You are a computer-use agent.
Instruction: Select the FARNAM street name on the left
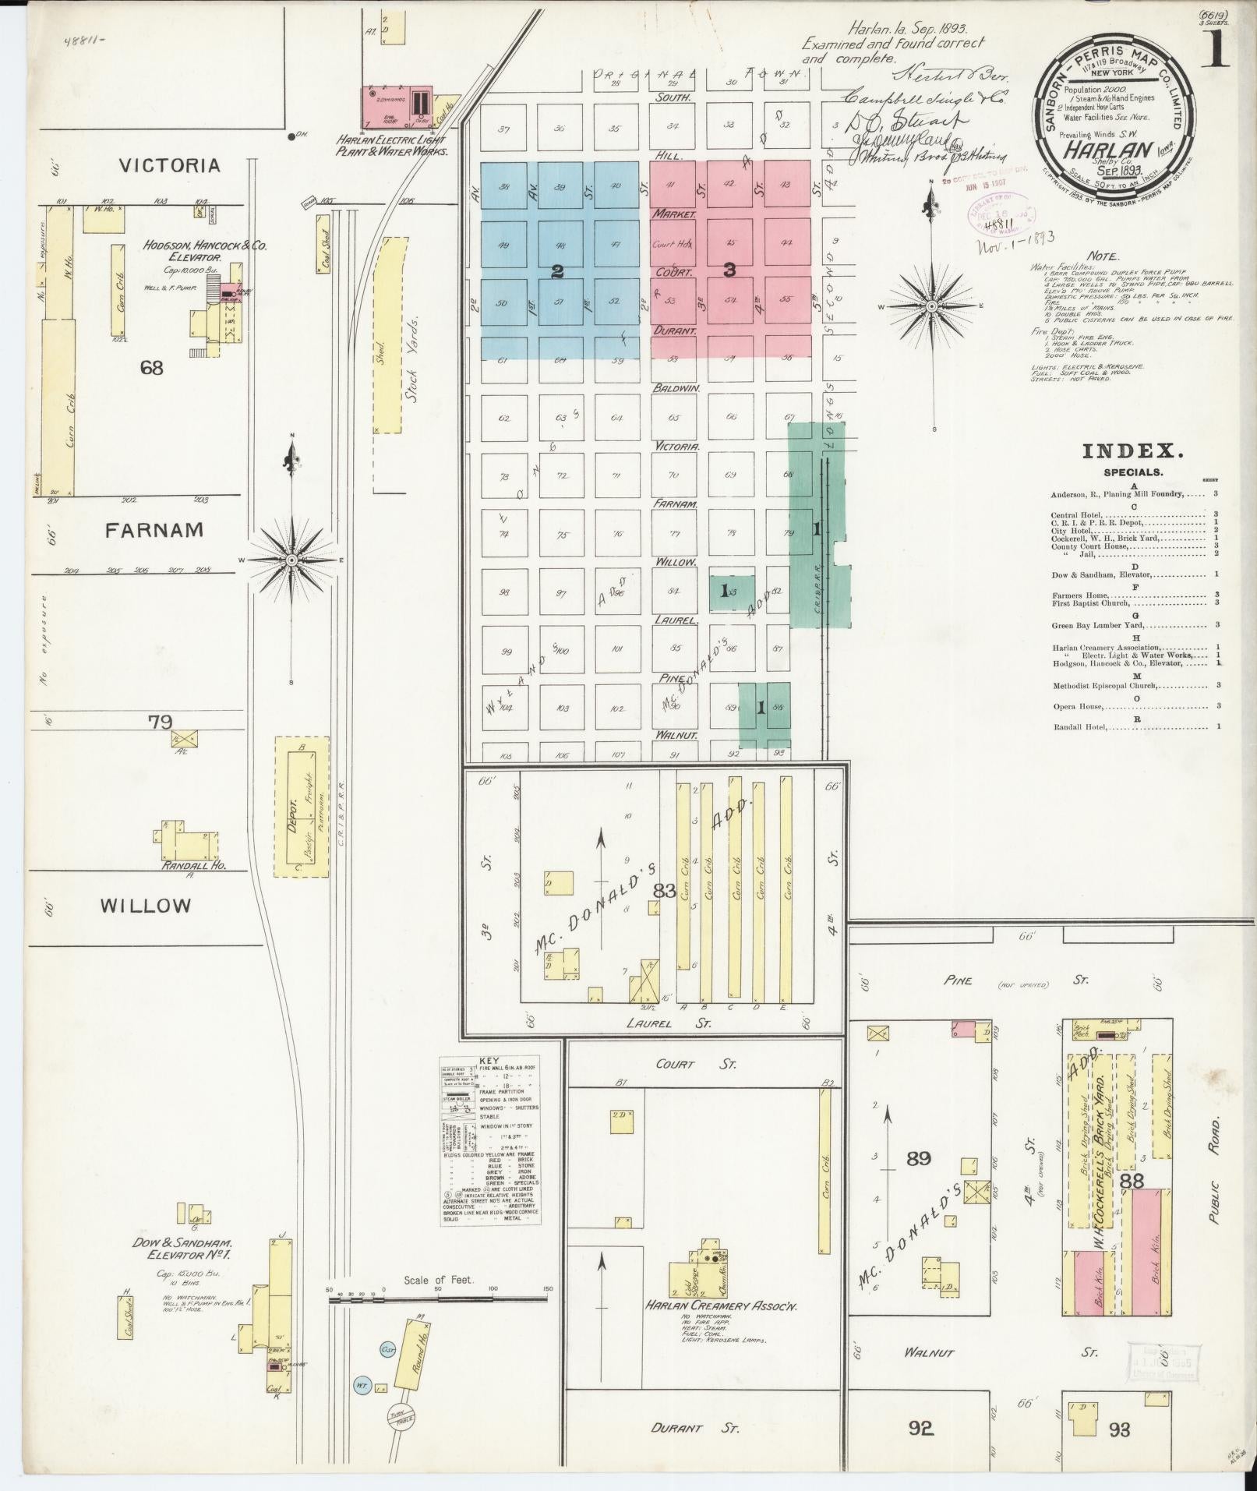click(x=154, y=530)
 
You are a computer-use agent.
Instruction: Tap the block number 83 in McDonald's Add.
click(x=664, y=890)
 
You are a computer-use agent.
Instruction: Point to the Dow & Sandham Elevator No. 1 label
click(x=185, y=1249)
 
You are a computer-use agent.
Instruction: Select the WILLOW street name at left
click(x=146, y=906)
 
